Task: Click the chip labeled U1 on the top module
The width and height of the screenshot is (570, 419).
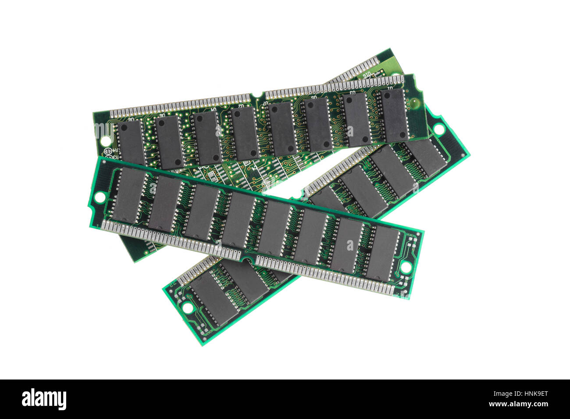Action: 394,115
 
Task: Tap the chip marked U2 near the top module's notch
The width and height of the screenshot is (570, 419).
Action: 245,133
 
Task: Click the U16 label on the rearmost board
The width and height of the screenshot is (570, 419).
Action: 367,73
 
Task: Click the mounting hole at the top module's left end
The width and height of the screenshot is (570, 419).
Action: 105,141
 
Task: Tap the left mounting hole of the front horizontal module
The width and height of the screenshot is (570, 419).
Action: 100,197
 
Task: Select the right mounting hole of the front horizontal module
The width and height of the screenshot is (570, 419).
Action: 406,266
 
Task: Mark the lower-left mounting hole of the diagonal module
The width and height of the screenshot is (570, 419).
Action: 188,308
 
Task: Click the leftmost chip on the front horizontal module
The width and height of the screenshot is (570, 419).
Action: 128,194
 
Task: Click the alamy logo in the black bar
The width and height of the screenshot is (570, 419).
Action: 44,399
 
